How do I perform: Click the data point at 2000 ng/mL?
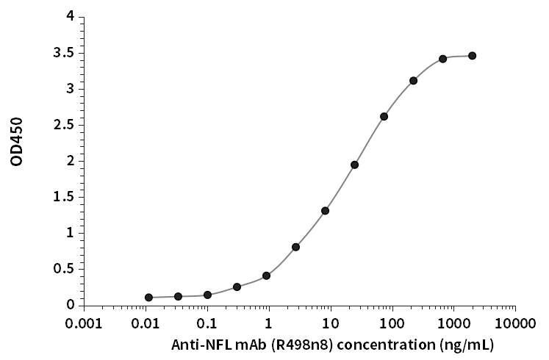[472, 56]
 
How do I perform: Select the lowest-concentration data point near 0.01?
[148, 298]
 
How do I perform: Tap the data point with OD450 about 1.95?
[354, 165]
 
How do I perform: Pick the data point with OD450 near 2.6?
[384, 117]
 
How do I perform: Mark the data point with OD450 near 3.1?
[413, 81]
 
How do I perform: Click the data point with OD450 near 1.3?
[325, 211]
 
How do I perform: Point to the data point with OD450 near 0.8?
[295, 247]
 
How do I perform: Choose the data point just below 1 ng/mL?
[266, 276]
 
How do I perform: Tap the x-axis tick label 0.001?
[84, 323]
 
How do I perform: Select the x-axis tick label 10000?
[514, 323]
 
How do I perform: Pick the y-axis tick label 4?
[70, 16]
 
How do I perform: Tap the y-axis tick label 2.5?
[65, 124]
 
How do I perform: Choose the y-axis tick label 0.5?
[65, 268]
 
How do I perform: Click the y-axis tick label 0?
[70, 304]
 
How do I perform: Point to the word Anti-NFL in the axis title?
[196, 344]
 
